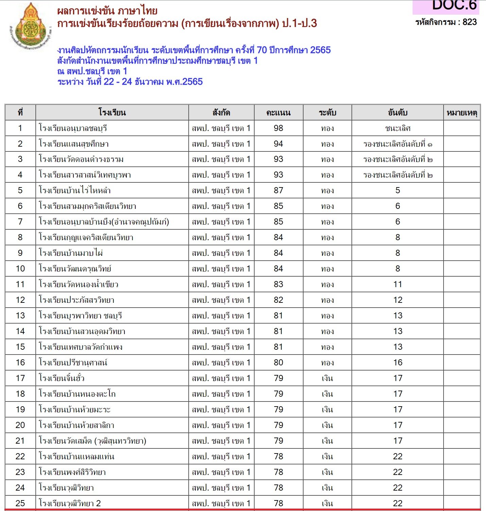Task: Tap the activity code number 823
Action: click(470, 22)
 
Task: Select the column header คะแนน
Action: click(278, 113)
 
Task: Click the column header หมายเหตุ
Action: click(462, 113)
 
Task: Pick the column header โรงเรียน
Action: click(112, 113)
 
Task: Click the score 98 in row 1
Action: click(278, 128)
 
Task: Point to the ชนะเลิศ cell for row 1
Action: click(398, 128)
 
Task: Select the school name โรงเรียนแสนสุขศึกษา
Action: click(74, 144)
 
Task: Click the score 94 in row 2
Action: click(278, 144)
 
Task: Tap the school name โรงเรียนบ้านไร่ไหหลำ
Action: click(75, 191)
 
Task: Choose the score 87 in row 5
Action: click(278, 191)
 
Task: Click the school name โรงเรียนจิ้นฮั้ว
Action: click(62, 378)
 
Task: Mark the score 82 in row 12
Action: click(278, 300)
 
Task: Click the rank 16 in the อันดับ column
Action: click(398, 363)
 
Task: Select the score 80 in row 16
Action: click(278, 363)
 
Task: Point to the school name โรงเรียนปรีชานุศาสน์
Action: click(73, 363)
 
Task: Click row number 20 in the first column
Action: click(20, 425)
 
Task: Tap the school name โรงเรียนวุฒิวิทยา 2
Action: click(70, 504)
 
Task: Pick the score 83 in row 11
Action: click(278, 284)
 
